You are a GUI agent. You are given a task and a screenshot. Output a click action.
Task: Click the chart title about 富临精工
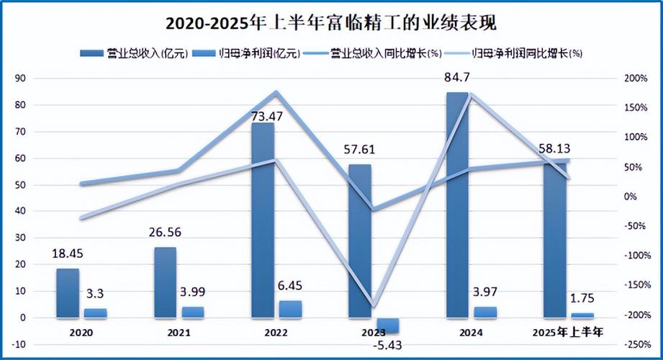(x=331, y=23)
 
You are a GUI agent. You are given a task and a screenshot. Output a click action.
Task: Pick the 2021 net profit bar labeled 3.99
(x=193, y=312)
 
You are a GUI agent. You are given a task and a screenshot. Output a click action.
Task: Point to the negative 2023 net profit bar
(x=387, y=325)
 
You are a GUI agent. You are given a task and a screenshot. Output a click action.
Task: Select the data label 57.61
(x=361, y=150)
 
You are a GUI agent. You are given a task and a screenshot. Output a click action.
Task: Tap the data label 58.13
(x=554, y=148)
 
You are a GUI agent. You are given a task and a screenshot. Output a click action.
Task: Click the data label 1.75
(x=582, y=297)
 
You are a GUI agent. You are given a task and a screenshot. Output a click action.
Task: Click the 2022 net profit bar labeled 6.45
(x=291, y=309)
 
